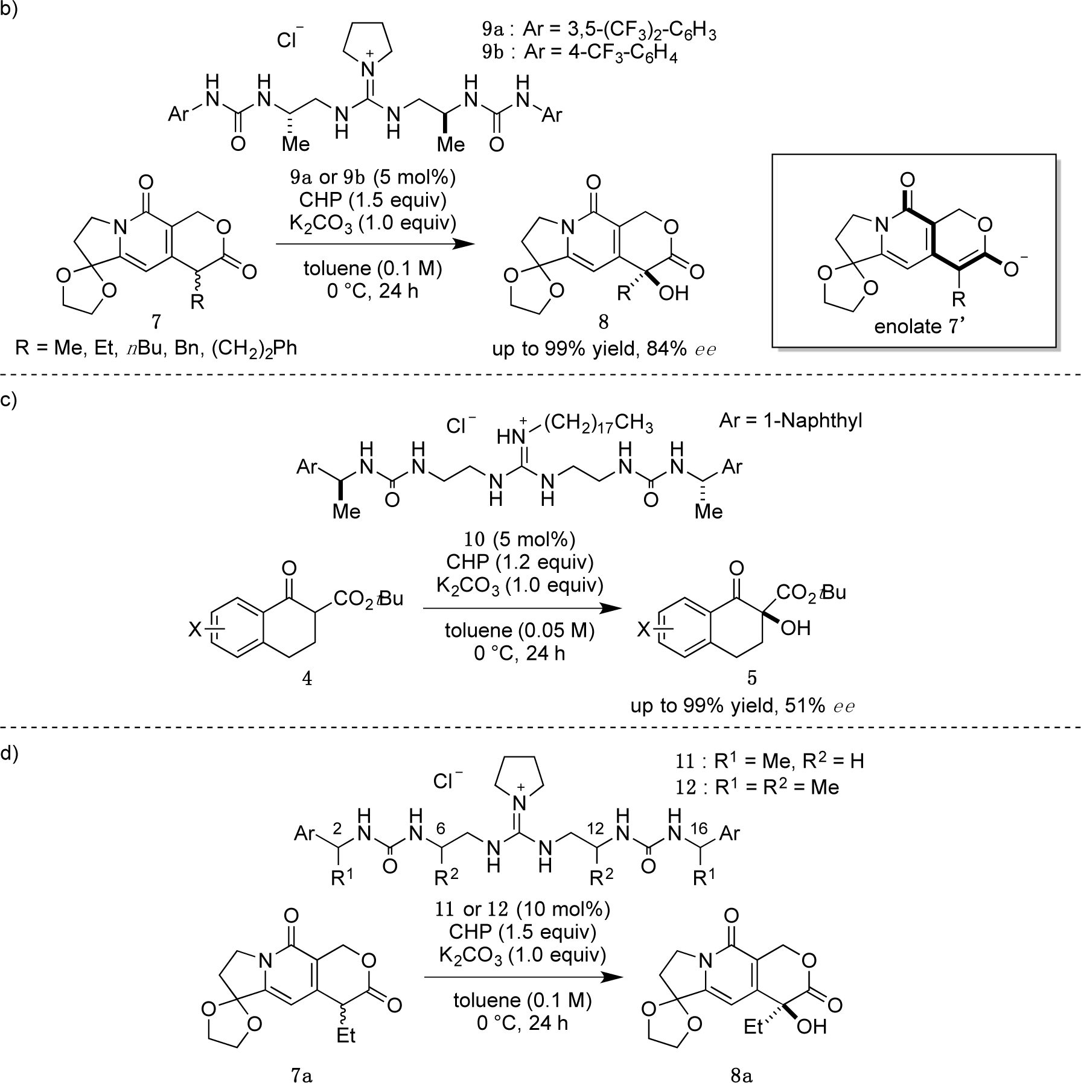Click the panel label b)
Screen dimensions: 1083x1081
[x=9, y=10]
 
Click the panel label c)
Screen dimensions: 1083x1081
[x=9, y=401]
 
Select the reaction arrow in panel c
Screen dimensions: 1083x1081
[x=522, y=609]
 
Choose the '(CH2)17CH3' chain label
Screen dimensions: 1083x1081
[x=598, y=424]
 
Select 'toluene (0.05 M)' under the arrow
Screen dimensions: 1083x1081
[x=520, y=630]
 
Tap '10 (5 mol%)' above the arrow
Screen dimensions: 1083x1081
[x=519, y=539]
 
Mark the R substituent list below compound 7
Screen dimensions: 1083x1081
[x=156, y=348]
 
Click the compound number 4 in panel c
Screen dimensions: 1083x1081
[x=307, y=679]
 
